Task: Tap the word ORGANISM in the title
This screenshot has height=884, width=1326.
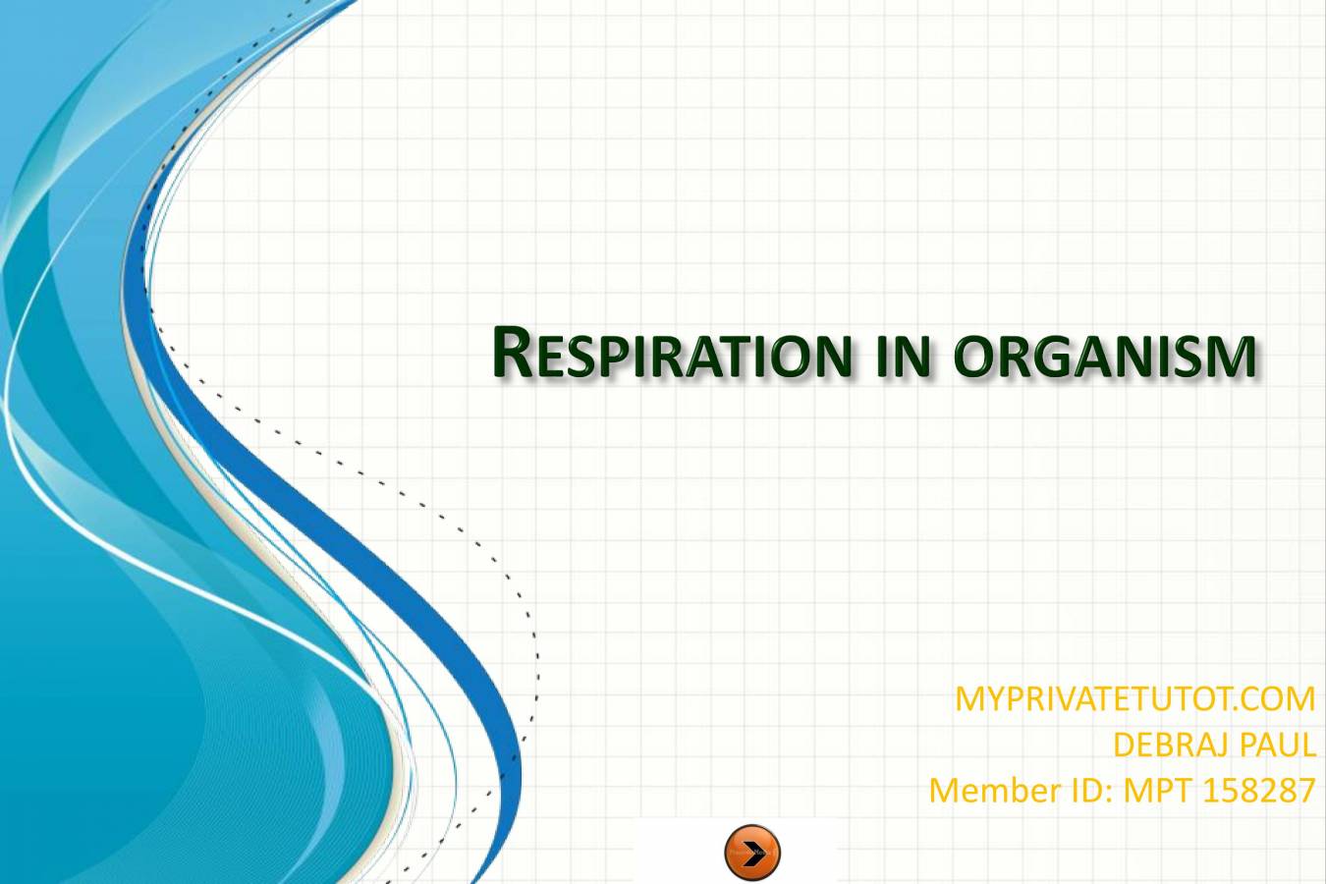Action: pos(1105,355)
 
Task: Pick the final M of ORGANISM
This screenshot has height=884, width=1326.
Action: pos(1234,357)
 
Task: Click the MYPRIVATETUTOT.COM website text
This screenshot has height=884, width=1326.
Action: pos(1134,698)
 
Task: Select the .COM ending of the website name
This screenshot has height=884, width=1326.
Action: pos(1275,698)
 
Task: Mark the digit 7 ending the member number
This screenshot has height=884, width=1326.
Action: pos(1306,790)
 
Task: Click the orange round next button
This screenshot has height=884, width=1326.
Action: pos(752,853)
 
